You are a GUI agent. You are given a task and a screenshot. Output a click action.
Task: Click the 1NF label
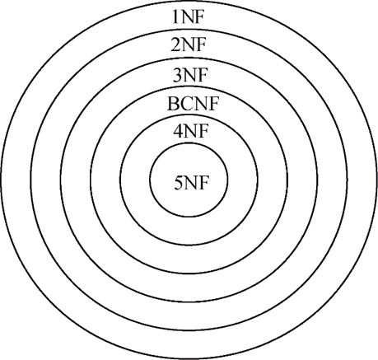189,18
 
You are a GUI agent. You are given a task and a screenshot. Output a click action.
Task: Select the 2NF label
188,45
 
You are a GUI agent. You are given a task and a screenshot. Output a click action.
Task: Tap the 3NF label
189,75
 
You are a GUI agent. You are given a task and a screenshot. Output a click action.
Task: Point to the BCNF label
193,104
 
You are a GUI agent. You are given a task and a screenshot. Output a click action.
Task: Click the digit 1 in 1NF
176,18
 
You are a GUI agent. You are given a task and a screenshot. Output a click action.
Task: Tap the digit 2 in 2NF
175,45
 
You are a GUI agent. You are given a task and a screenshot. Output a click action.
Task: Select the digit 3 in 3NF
177,75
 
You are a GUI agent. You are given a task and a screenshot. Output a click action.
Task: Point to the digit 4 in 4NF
178,131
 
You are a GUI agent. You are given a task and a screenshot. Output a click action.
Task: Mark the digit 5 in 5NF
179,183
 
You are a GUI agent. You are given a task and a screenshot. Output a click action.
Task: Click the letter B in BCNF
173,104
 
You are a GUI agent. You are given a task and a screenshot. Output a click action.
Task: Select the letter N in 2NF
188,45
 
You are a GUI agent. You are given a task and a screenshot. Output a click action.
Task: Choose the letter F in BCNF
213,104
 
